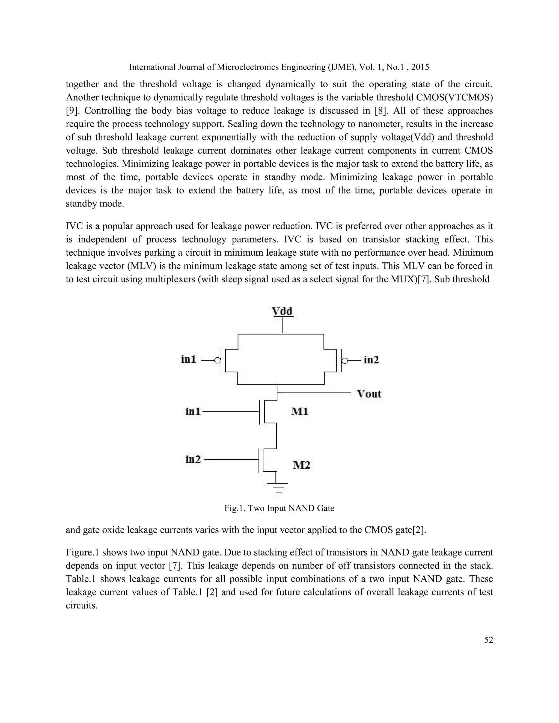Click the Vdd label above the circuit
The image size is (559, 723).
pyautogui.click(x=282, y=311)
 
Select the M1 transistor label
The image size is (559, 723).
pyautogui.click(x=300, y=411)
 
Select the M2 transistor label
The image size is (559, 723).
pyautogui.click(x=302, y=465)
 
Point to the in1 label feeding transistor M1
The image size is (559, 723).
pyautogui.click(x=193, y=411)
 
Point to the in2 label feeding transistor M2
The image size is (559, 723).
pyautogui.click(x=193, y=459)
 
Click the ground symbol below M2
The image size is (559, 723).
pyautogui.click(x=279, y=488)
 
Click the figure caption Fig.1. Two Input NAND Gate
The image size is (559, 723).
pyautogui.click(x=279, y=508)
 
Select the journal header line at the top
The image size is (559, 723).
pyautogui.click(x=279, y=67)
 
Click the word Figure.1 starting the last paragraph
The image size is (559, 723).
pyautogui.click(x=83, y=552)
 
